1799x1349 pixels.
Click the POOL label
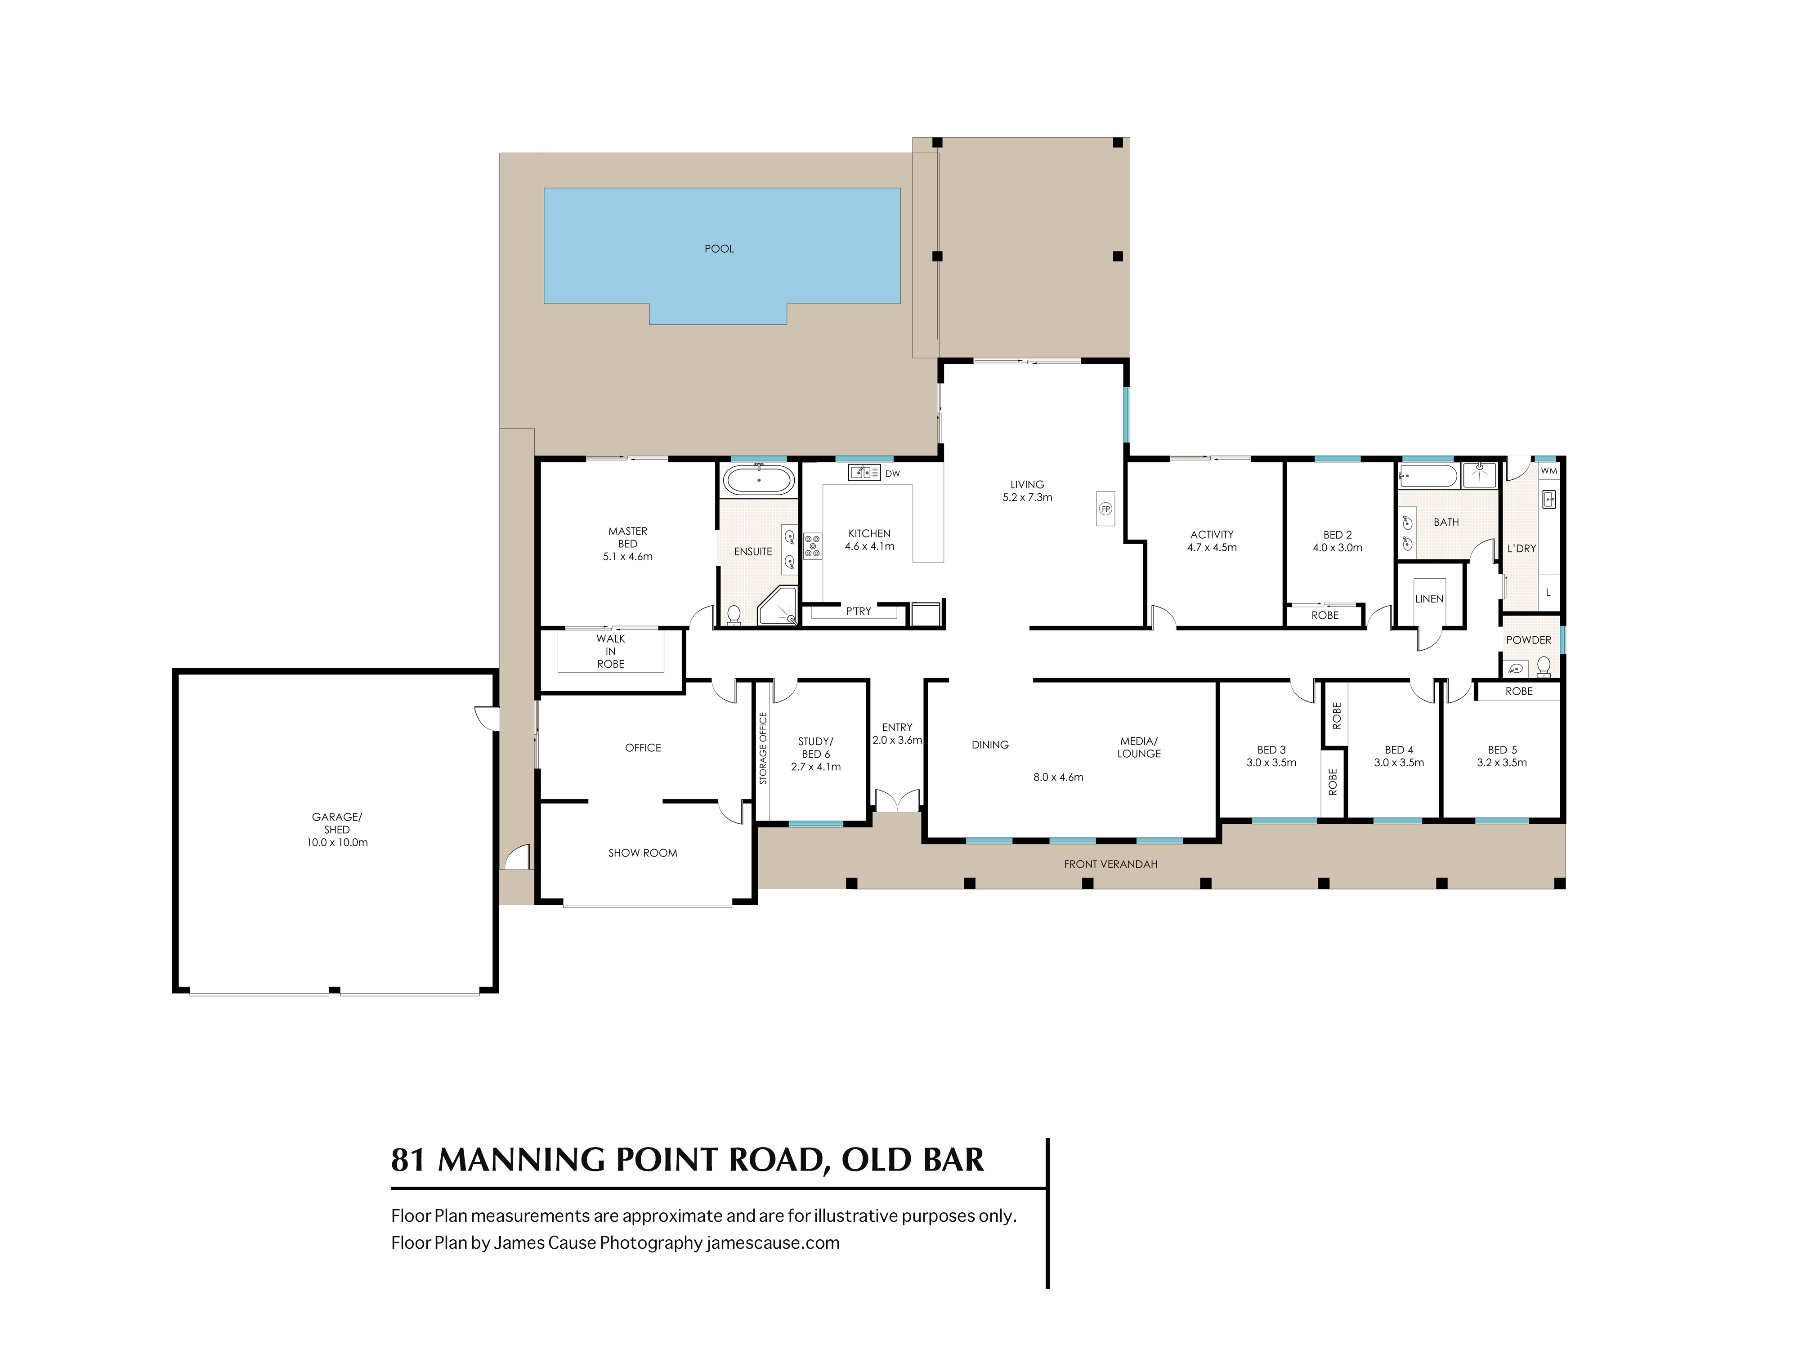719,249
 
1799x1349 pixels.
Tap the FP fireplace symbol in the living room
1105,509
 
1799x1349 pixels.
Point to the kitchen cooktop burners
813,545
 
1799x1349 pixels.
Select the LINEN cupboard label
1429,599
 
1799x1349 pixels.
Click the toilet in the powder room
1544,667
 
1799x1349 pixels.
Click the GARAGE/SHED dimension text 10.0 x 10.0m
337,842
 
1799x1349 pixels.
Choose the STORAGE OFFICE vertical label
763,748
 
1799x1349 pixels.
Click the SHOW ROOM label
643,853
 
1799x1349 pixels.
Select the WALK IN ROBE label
611,651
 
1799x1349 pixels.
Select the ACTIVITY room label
1212,534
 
